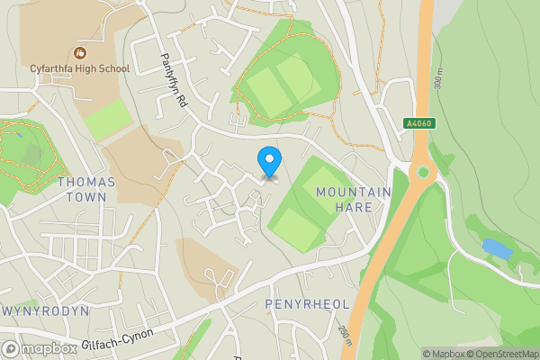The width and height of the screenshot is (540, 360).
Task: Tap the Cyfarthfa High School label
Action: pyautogui.click(x=79, y=68)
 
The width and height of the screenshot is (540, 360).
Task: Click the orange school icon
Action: pyautogui.click(x=80, y=52)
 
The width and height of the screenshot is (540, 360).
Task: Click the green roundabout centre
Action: pyautogui.click(x=421, y=172)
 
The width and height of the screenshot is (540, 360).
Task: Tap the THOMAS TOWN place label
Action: pyautogui.click(x=86, y=189)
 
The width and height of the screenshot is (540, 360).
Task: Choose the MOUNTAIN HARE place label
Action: pyautogui.click(x=354, y=200)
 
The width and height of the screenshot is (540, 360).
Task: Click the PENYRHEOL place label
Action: pyautogui.click(x=307, y=304)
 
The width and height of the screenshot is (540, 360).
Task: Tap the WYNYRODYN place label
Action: pyautogui.click(x=45, y=310)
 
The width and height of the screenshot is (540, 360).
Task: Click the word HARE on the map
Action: pyautogui.click(x=354, y=207)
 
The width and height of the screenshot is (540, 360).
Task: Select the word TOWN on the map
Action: pyautogui.click(x=86, y=196)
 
